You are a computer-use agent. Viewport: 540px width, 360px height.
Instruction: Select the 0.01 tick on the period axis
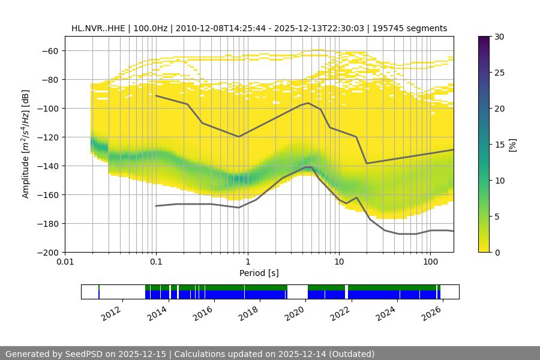click(x=65, y=262)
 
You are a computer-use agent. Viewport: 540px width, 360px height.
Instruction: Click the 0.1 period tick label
click(x=156, y=262)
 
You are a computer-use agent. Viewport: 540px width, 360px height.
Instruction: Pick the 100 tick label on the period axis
click(x=430, y=262)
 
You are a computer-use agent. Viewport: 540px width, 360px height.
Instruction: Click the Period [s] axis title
click(x=259, y=273)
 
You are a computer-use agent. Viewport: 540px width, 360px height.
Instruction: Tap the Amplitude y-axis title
click(x=26, y=144)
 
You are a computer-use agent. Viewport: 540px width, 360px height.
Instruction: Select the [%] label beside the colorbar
click(x=512, y=145)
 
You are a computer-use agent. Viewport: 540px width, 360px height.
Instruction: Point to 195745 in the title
click(x=391, y=28)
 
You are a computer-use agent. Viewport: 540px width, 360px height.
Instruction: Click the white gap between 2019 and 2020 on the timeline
click(x=298, y=292)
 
